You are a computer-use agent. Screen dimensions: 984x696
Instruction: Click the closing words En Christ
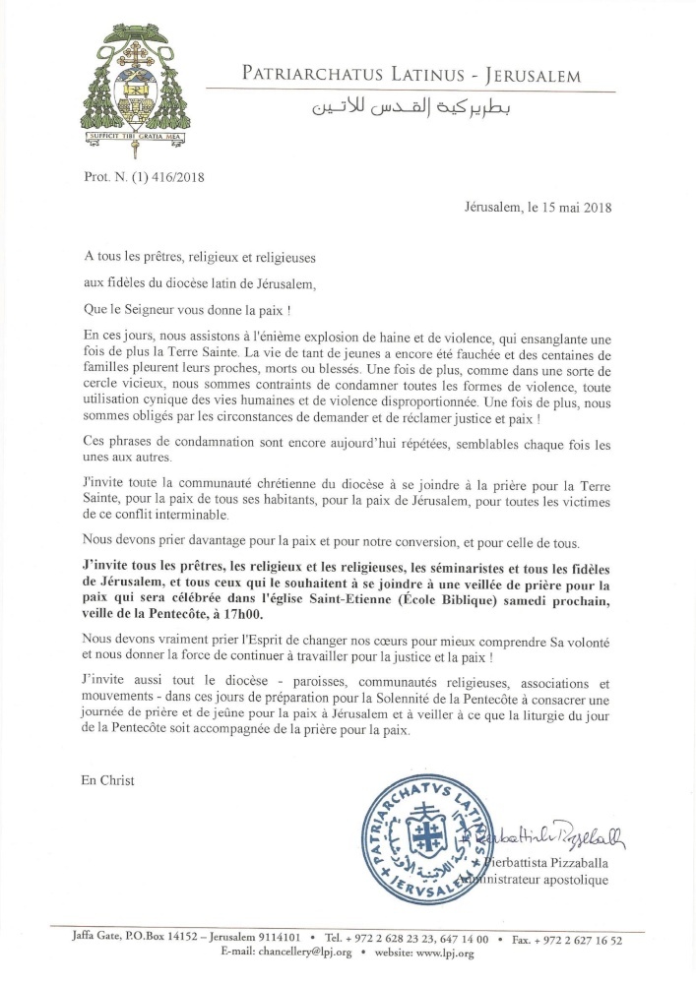(x=108, y=780)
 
